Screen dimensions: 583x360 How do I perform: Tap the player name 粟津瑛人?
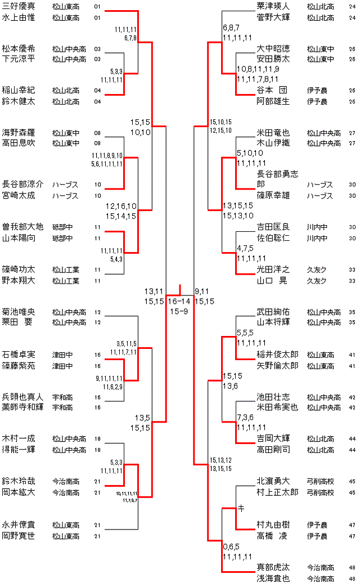[x=273, y=7]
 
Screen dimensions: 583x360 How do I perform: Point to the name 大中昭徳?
[x=273, y=48]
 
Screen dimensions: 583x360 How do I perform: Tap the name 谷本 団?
[x=272, y=90]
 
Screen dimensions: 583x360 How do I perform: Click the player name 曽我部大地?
[x=22, y=227]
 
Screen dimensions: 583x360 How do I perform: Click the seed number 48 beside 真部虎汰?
[x=352, y=567]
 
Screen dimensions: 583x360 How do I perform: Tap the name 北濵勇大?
[x=273, y=481]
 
